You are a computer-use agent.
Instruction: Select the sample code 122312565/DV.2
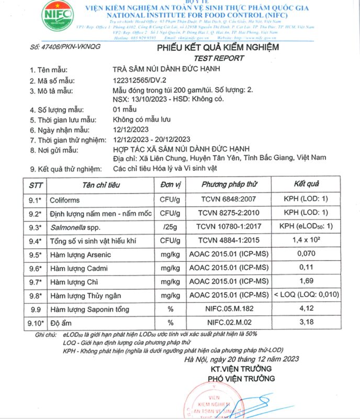coord(142,81)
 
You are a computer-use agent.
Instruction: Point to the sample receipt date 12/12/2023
coord(131,130)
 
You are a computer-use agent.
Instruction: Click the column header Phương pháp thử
coord(230,185)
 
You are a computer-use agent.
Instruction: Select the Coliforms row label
coord(65,200)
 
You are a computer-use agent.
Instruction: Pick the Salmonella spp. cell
coord(73,227)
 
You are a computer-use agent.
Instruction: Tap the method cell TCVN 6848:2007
coord(230,200)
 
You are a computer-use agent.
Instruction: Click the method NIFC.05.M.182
coord(230,309)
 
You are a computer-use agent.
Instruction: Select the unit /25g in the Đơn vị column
coord(170,227)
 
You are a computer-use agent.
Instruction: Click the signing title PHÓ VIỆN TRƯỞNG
coord(241,378)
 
